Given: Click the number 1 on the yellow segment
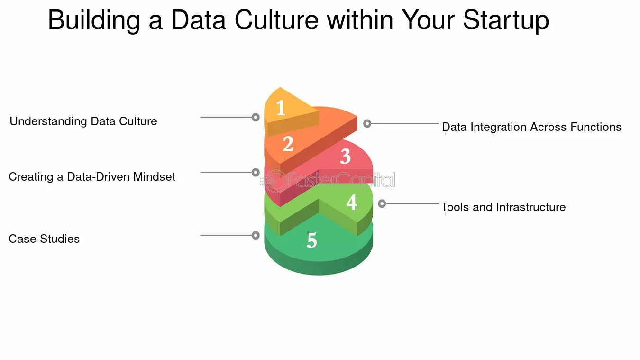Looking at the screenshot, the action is pyautogui.click(x=281, y=108).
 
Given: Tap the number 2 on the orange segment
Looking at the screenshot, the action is pyautogui.click(x=288, y=144).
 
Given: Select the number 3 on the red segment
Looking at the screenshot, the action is pyautogui.click(x=345, y=157).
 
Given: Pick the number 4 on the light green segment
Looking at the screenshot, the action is pyautogui.click(x=351, y=203).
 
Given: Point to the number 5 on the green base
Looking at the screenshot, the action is pyautogui.click(x=312, y=240).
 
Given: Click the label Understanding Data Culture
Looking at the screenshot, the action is pyautogui.click(x=83, y=121).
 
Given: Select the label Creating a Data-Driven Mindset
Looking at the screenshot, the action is pyautogui.click(x=91, y=177).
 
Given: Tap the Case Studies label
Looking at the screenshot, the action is pyautogui.click(x=44, y=239).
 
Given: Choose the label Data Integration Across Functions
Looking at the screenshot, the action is pyautogui.click(x=531, y=127).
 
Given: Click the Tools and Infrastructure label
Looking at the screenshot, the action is pyautogui.click(x=503, y=207).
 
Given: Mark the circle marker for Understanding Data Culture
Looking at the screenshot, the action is pyautogui.click(x=256, y=117).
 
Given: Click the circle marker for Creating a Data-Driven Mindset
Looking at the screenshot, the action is pyautogui.click(x=256, y=173).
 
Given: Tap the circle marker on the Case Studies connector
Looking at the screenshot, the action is pyautogui.click(x=256, y=235).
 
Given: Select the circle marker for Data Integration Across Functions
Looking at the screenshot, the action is pyautogui.click(x=367, y=123).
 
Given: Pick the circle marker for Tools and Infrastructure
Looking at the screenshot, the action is pyautogui.click(x=382, y=203).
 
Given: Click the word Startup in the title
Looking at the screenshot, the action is pyautogui.click(x=506, y=20).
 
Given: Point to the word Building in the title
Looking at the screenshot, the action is pyautogui.click(x=94, y=20).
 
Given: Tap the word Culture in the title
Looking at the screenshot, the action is pyautogui.click(x=276, y=20).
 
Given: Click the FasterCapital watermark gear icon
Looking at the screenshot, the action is pyautogui.click(x=275, y=181).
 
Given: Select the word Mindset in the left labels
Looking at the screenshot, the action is pyautogui.click(x=154, y=177).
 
